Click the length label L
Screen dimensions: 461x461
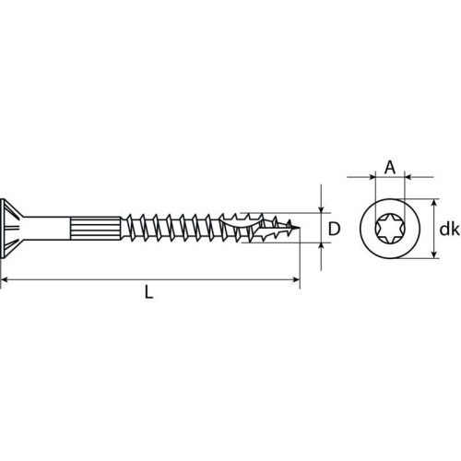[149, 292]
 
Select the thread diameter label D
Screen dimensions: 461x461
[335, 228]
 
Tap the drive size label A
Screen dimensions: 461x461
[389, 167]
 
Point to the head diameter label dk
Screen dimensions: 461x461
[448, 229]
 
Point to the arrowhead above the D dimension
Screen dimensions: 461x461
[321, 207]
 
